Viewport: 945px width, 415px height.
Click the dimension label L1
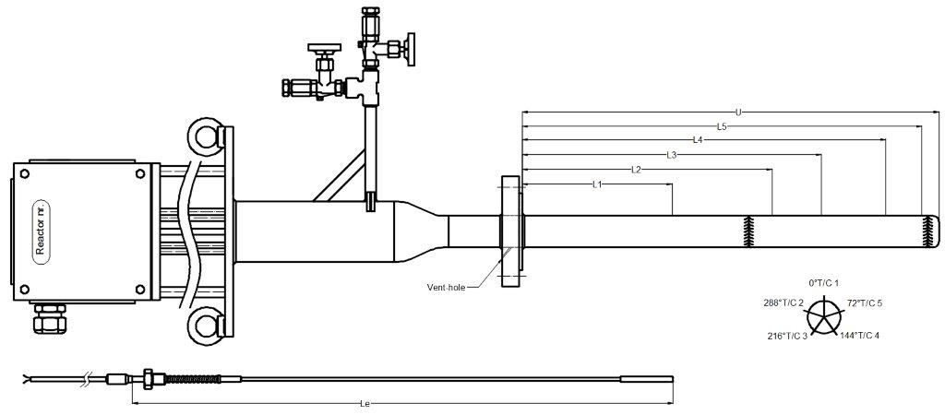597,184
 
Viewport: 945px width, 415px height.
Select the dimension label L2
636,170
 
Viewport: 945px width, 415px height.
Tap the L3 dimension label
672,155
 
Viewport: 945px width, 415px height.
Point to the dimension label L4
698,140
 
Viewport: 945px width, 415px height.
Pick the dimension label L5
721,126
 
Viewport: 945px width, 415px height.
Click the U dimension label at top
738,113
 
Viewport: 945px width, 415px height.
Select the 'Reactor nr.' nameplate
42,231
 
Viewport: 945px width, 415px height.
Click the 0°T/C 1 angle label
823,281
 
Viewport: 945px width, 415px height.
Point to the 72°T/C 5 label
865,302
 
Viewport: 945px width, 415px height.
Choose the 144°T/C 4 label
859,335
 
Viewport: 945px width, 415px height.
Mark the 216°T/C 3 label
787,336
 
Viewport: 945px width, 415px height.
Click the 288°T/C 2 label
784,302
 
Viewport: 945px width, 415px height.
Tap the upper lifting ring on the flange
205,136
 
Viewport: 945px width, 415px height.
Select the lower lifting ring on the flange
205,326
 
